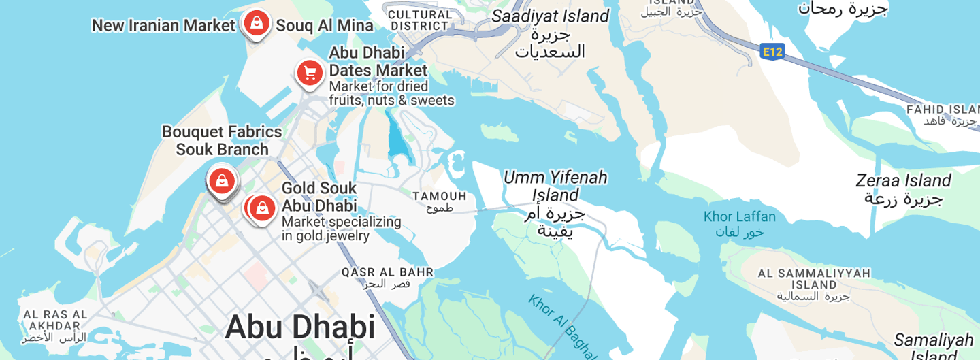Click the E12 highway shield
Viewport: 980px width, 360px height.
tap(772, 51)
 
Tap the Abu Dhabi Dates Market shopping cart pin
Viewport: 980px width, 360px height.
tap(310, 72)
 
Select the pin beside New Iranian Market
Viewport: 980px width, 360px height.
tap(256, 23)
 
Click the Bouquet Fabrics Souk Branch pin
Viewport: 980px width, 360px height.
tap(222, 181)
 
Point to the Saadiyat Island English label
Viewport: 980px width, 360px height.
tap(550, 16)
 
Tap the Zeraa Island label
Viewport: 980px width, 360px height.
tap(903, 181)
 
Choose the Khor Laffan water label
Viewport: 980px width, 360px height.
tap(739, 217)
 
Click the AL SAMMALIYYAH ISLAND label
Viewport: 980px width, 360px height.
tap(814, 279)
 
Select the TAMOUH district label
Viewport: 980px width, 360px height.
tap(440, 197)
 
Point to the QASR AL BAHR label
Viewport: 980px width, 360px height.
tap(387, 272)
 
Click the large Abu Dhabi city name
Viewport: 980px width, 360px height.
tap(300, 327)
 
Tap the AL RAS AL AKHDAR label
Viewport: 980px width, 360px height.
tap(55, 320)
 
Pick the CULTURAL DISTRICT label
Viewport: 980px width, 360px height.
tap(420, 20)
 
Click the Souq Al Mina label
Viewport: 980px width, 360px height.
tap(325, 26)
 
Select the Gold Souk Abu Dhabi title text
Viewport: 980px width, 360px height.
tap(319, 197)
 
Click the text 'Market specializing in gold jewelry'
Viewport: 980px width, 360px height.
tap(341, 229)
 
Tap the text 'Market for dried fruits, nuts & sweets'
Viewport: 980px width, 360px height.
tap(391, 94)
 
